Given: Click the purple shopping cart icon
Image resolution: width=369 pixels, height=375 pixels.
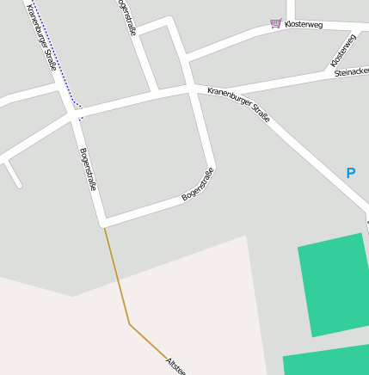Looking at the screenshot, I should point(275,23).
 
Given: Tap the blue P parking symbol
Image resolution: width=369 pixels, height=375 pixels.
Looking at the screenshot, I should point(350,173).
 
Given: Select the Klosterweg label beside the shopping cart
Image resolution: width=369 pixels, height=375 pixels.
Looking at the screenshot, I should point(304,25).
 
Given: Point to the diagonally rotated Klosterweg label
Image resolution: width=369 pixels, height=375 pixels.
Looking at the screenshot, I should point(342,51).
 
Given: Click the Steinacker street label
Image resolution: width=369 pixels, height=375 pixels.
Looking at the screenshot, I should point(351,73).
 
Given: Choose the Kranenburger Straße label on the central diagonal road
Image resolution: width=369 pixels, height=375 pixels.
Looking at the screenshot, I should point(238,103).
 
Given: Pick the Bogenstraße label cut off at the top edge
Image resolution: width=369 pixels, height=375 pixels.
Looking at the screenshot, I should point(126,16).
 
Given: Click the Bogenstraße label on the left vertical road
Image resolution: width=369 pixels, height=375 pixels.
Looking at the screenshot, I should point(88,169).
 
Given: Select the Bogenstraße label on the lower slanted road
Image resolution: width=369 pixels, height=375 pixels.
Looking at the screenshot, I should point(198,185).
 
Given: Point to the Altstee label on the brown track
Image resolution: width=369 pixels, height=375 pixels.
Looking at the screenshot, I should point(175,365).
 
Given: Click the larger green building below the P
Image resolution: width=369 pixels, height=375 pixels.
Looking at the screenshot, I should point(334,284).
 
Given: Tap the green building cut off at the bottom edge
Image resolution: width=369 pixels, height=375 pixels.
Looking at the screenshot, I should point(326,362).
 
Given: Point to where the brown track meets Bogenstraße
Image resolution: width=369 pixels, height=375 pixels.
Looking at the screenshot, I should point(104,227).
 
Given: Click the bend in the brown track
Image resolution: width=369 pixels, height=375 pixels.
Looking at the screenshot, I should point(129,324).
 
